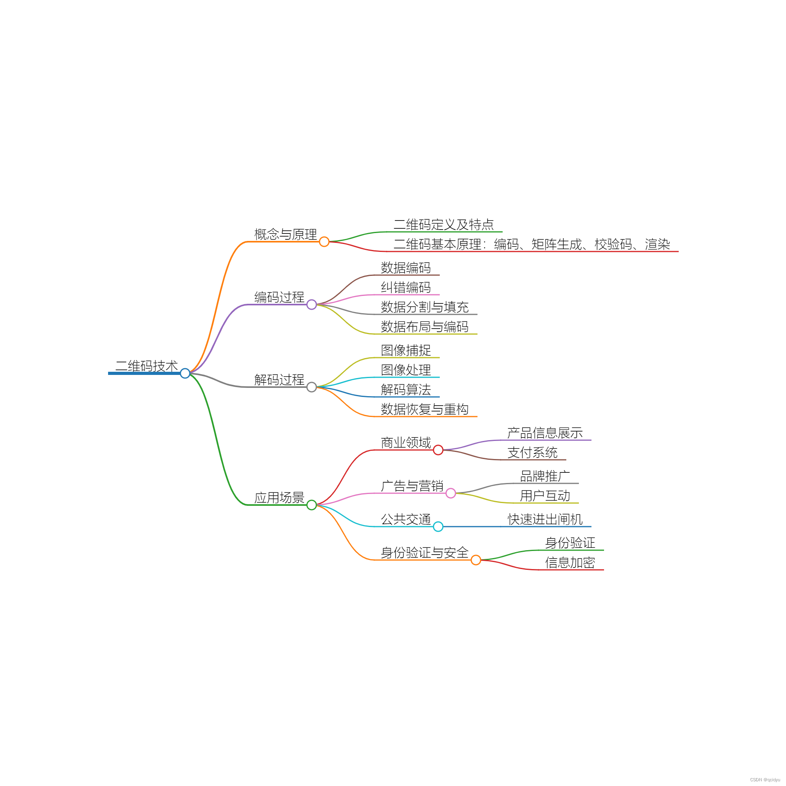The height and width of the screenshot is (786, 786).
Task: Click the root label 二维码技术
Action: pos(147,366)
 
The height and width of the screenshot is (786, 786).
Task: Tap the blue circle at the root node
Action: pos(185,373)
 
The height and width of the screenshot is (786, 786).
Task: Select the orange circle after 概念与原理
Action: pos(324,242)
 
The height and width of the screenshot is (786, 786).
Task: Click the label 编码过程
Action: pos(279,297)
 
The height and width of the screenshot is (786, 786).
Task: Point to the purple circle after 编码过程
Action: pos(312,304)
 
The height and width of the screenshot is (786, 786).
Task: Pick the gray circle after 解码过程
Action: pos(312,387)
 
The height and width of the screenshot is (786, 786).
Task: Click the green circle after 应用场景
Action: pos(312,505)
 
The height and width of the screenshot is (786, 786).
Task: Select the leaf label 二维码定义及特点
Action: pos(443,224)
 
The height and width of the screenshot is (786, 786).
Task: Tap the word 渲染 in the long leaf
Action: pos(657,244)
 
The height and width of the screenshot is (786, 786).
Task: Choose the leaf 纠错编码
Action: pos(406,287)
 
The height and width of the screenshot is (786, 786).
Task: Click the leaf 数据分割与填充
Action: pos(424,307)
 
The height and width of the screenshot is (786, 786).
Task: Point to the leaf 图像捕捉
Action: pos(406,350)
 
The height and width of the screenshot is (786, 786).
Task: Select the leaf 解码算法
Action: pos(406,389)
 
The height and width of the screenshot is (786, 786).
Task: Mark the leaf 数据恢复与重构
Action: pos(424,409)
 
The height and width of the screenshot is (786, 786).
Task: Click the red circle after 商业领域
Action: pos(438,450)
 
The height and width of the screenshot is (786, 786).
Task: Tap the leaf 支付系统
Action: pos(532,452)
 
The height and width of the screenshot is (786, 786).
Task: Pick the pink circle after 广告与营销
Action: pos(451,493)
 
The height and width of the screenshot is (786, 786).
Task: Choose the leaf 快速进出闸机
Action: pos(545,519)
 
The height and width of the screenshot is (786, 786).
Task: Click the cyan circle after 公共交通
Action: pos(438,527)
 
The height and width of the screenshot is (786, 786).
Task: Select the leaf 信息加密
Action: pos(570,562)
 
